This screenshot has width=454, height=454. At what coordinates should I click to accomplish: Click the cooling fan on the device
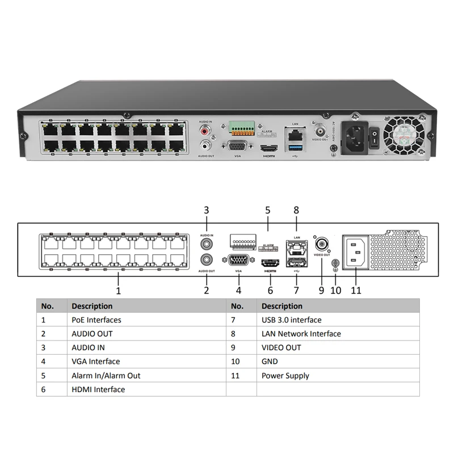(403, 135)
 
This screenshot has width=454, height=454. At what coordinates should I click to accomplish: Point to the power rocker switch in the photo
(375, 136)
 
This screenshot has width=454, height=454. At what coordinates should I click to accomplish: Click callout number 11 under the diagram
(356, 290)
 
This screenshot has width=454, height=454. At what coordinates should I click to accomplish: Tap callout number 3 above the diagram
(207, 210)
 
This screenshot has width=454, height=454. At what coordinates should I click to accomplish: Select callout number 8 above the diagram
(296, 210)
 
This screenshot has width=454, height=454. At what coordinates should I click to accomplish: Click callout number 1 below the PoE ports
(119, 291)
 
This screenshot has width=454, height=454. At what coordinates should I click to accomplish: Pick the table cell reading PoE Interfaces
(96, 320)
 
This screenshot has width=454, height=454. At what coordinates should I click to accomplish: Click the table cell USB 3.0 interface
(291, 320)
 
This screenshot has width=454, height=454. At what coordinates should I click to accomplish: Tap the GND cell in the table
(270, 361)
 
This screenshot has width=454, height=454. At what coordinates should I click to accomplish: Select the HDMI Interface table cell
(98, 389)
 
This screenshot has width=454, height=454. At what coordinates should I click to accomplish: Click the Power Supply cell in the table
(285, 376)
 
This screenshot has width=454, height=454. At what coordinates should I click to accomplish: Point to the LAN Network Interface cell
(301, 334)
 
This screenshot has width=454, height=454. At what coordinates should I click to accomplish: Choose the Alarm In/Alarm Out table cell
(106, 376)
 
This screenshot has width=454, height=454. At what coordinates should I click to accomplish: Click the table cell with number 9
(236, 348)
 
